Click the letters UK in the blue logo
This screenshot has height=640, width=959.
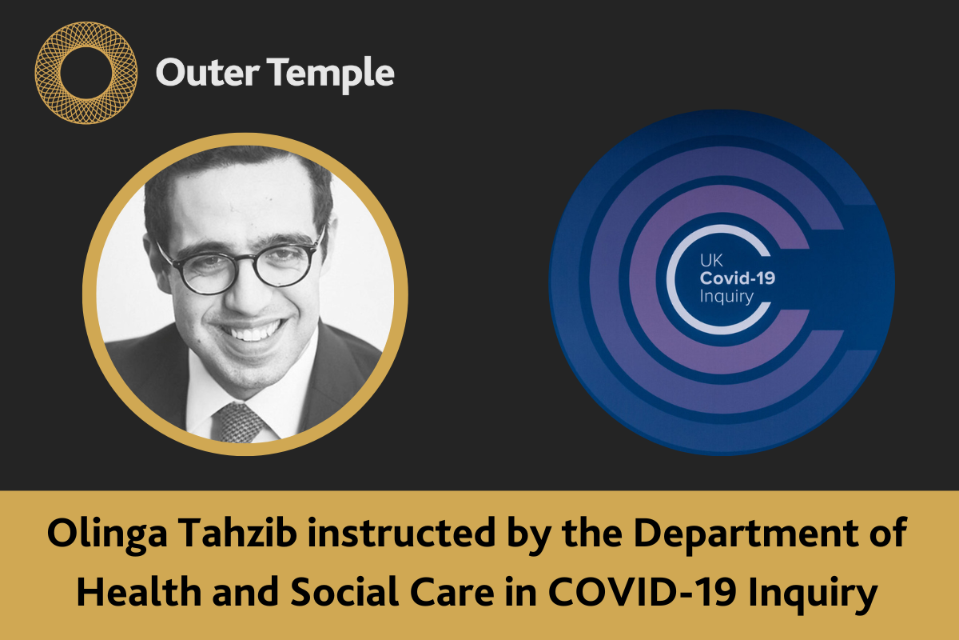(710, 261)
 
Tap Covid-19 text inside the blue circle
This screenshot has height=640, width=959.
(738, 278)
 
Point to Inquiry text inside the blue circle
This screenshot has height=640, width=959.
(726, 297)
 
